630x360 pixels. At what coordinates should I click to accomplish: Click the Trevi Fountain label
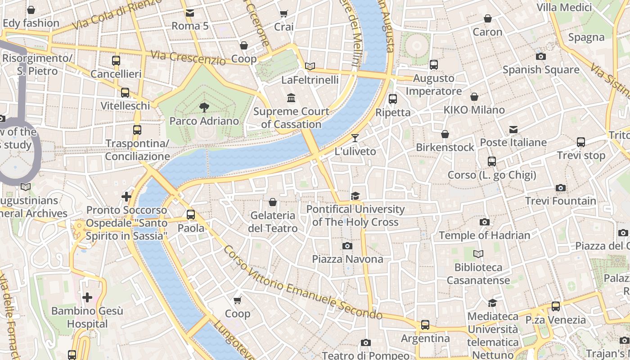(x=560, y=201)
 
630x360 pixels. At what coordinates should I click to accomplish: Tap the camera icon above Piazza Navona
(x=347, y=246)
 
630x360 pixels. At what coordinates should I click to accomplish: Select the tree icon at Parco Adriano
(x=204, y=107)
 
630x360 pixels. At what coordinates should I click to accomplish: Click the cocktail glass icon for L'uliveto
(x=355, y=138)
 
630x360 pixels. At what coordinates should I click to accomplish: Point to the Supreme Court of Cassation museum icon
(x=291, y=98)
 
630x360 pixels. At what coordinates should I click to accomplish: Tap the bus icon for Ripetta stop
(x=393, y=99)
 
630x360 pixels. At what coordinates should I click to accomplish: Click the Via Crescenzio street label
(x=188, y=57)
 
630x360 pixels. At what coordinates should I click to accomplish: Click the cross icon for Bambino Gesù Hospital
(x=87, y=297)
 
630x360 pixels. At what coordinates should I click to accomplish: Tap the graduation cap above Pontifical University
(x=355, y=196)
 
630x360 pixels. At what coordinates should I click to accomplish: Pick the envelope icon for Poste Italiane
(x=513, y=130)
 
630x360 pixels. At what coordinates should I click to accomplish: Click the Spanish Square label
(x=540, y=70)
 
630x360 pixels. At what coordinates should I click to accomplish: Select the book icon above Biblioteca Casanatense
(x=478, y=254)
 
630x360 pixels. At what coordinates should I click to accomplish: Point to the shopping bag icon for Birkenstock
(x=445, y=134)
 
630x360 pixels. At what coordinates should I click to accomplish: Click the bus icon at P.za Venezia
(x=556, y=306)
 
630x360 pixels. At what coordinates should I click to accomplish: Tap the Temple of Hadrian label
(x=484, y=235)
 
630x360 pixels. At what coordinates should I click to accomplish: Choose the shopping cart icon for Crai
(x=283, y=14)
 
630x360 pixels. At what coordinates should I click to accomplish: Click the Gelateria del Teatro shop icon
(x=272, y=202)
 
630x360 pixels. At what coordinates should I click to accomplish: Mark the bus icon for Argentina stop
(x=425, y=324)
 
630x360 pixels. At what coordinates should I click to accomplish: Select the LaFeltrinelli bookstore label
(x=310, y=80)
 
